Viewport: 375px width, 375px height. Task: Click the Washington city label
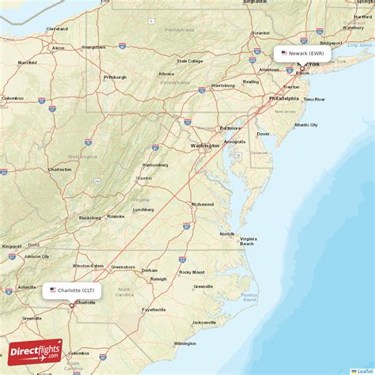pyautogui.click(x=205, y=146)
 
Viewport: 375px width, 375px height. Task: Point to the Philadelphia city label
pyautogui.click(x=284, y=99)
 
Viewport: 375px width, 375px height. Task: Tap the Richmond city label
pyautogui.click(x=203, y=204)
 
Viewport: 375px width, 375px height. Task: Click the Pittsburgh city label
pyautogui.click(x=116, y=77)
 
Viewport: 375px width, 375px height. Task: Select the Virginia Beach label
pyautogui.click(x=248, y=241)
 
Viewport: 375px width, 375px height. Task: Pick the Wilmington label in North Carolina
pyautogui.click(x=185, y=343)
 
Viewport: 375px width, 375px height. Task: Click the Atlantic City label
pyautogui.click(x=305, y=125)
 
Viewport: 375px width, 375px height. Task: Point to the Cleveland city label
pyautogui.click(x=57, y=28)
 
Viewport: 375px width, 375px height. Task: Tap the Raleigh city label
pyautogui.click(x=159, y=278)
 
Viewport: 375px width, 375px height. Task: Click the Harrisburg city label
pyautogui.click(x=223, y=85)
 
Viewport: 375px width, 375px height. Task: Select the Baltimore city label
pyautogui.click(x=230, y=127)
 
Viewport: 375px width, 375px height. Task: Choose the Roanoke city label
pyautogui.click(x=116, y=216)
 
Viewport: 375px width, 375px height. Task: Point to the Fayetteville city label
pyautogui.click(x=155, y=309)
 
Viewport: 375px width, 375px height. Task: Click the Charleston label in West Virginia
pyautogui.click(x=60, y=169)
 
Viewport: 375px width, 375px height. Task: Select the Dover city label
pyautogui.click(x=263, y=134)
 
